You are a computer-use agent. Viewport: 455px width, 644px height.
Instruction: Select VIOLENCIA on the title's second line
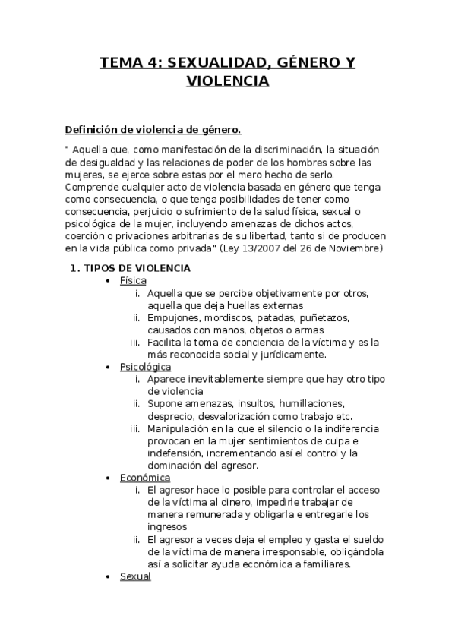point(227,80)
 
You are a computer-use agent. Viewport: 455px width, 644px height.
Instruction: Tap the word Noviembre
point(356,248)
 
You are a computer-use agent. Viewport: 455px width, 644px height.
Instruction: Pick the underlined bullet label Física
point(133,281)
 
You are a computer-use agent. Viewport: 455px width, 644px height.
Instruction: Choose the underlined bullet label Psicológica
point(145,367)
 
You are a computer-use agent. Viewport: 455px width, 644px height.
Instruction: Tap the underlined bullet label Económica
point(144,478)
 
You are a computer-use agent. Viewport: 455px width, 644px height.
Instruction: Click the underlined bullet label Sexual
point(135,576)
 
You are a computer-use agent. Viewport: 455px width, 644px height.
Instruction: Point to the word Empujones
point(173,318)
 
